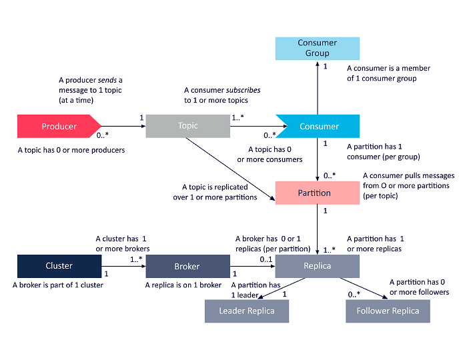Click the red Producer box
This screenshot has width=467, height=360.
(59, 126)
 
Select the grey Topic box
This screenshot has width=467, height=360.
(187, 126)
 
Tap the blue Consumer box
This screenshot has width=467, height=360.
(319, 126)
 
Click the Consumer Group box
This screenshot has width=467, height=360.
(318, 48)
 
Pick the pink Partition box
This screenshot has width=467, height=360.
(314, 193)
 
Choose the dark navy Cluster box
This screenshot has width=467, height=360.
(59, 266)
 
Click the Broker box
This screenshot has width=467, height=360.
(187, 266)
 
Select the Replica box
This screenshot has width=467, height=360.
(318, 266)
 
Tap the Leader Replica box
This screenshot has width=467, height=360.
(246, 311)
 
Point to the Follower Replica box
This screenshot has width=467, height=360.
(388, 311)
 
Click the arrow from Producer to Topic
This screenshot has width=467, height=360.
(123, 126)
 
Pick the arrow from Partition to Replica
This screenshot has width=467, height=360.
(318, 229)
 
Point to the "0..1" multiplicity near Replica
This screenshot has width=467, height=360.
(266, 259)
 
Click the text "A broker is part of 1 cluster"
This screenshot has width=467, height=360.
(59, 285)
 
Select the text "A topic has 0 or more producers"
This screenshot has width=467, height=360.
(71, 150)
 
